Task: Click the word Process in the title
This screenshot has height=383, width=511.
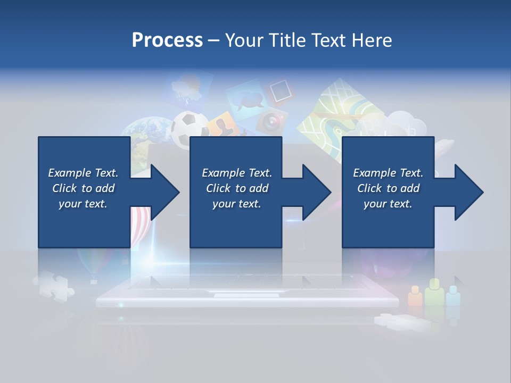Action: click(167, 40)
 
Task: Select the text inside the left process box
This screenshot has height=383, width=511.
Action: click(83, 188)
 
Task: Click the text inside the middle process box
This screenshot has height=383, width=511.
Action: click(237, 188)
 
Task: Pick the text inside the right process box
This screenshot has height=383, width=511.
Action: click(388, 188)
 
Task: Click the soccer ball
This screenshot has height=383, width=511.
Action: click(189, 127)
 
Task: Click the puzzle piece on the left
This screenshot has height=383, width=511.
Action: click(53, 284)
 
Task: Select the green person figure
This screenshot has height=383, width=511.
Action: click(434, 293)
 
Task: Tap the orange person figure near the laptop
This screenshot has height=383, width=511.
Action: click(415, 296)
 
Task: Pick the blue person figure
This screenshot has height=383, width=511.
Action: click(452, 295)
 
